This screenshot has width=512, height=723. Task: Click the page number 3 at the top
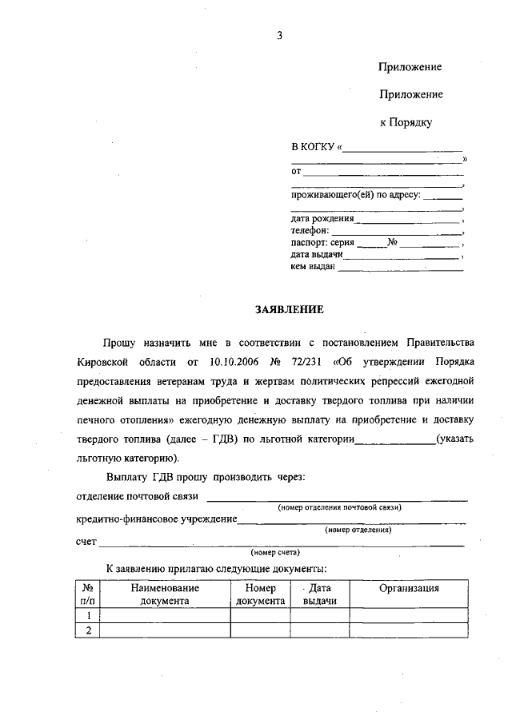(280, 34)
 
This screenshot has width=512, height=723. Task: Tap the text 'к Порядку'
(406, 122)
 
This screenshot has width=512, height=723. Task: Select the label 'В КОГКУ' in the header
(314, 147)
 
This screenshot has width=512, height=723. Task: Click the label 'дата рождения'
(322, 218)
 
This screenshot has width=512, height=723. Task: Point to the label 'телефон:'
(310, 230)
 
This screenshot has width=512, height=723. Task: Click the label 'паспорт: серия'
(322, 242)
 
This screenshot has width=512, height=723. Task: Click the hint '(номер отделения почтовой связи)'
(339, 507)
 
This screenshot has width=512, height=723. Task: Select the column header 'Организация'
(409, 588)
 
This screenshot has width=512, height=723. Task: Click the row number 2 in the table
(87, 630)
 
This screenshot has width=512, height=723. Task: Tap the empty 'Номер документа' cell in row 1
(260, 615)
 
